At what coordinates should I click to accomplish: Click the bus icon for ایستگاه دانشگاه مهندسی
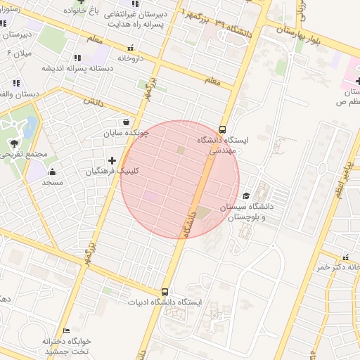(222, 129)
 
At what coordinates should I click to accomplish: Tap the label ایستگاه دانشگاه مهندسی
(219, 146)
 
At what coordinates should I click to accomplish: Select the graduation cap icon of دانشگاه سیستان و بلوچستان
(246, 195)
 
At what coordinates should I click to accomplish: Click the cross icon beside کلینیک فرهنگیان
(112, 160)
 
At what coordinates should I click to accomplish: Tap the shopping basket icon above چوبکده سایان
(125, 121)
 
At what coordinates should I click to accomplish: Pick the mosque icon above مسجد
(51, 172)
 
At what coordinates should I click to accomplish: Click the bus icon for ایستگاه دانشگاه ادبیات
(165, 292)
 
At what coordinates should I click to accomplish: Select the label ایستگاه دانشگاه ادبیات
(165, 302)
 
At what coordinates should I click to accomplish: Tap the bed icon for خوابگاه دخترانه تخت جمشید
(67, 330)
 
